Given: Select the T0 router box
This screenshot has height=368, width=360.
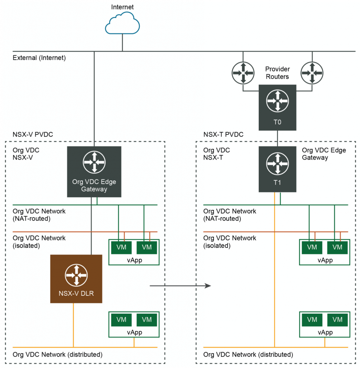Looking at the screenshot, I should pyautogui.click(x=277, y=107).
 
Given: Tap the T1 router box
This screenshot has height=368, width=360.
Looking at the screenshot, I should pyautogui.click(x=277, y=169).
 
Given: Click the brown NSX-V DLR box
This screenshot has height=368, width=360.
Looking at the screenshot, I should pyautogui.click(x=76, y=279).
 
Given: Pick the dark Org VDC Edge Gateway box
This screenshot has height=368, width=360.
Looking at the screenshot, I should pyautogui.click(x=94, y=172).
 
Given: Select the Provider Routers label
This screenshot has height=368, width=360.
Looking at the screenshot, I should pyautogui.click(x=277, y=73).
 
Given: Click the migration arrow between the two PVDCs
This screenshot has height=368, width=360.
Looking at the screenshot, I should pyautogui.click(x=179, y=286).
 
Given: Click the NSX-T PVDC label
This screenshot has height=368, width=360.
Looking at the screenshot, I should pyautogui.click(x=223, y=135).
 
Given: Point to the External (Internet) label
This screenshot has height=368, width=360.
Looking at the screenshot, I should pyautogui.click(x=39, y=57).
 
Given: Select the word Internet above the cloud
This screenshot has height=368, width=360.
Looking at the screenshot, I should pyautogui.click(x=122, y=7).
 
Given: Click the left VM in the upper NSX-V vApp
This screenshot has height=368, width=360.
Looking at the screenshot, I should pyautogui.click(x=121, y=247).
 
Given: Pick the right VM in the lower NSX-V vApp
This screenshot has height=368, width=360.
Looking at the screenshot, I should pyautogui.click(x=146, y=319).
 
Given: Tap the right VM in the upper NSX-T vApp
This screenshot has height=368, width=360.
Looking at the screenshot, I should pyautogui.click(x=337, y=247).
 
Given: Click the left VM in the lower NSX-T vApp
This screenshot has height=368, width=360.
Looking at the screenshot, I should pyautogui.click(x=312, y=319).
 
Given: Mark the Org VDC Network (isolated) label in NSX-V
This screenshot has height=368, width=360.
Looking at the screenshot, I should pyautogui.click(x=39, y=242).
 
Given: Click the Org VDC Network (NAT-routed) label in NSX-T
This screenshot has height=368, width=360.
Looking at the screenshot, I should pyautogui.click(x=230, y=215).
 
